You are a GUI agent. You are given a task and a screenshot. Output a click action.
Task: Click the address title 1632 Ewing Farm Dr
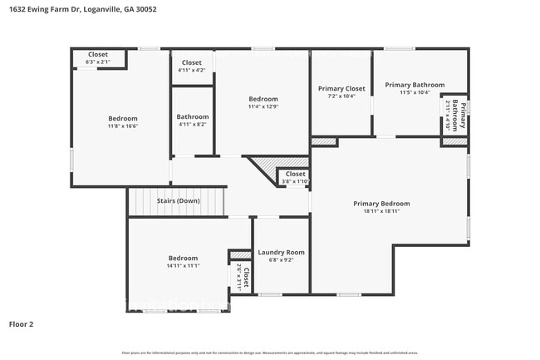click(47, 9)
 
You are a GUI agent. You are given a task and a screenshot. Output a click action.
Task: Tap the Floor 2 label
click(21, 324)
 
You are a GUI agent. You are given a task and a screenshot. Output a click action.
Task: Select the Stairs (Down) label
click(178, 200)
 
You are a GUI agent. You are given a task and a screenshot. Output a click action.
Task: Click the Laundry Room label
click(281, 252)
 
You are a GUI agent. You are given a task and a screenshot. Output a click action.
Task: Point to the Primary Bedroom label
click(381, 204)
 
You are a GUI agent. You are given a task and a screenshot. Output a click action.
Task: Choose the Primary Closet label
click(341, 88)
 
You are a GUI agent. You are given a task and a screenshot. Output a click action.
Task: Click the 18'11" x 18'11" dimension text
click(381, 211)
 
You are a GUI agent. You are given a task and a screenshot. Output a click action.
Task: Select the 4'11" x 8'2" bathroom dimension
click(193, 124)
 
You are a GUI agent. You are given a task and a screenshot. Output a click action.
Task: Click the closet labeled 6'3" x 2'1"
click(98, 62)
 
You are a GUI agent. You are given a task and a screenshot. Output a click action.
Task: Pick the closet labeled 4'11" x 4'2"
click(191, 70)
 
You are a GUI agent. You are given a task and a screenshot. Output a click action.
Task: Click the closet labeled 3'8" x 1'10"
click(295, 181)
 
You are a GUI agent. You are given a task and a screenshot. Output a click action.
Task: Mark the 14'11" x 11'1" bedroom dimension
click(183, 265)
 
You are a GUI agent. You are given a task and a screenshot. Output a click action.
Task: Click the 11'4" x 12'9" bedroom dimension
click(263, 106)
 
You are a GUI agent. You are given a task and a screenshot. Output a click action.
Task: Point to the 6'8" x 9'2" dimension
click(281, 259)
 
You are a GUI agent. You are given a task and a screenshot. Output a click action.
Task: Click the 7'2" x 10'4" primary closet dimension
click(341, 96)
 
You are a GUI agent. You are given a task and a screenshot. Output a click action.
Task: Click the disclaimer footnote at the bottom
click(269, 353)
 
